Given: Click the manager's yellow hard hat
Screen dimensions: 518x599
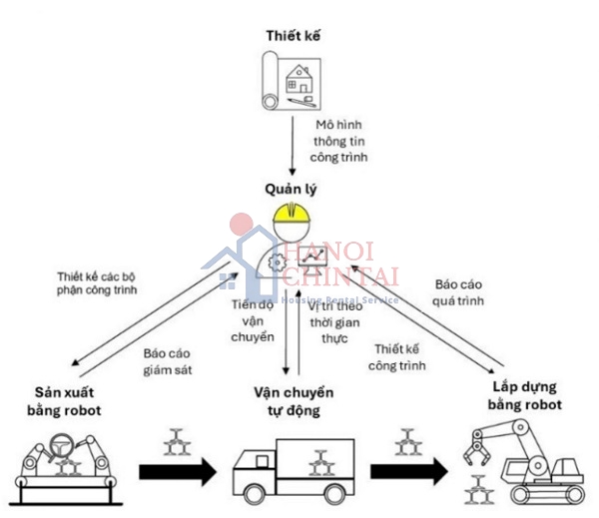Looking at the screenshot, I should tap(292, 214).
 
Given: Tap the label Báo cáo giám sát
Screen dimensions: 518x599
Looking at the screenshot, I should tap(166, 361).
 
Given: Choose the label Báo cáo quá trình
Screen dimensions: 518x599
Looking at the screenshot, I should tap(458, 290).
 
